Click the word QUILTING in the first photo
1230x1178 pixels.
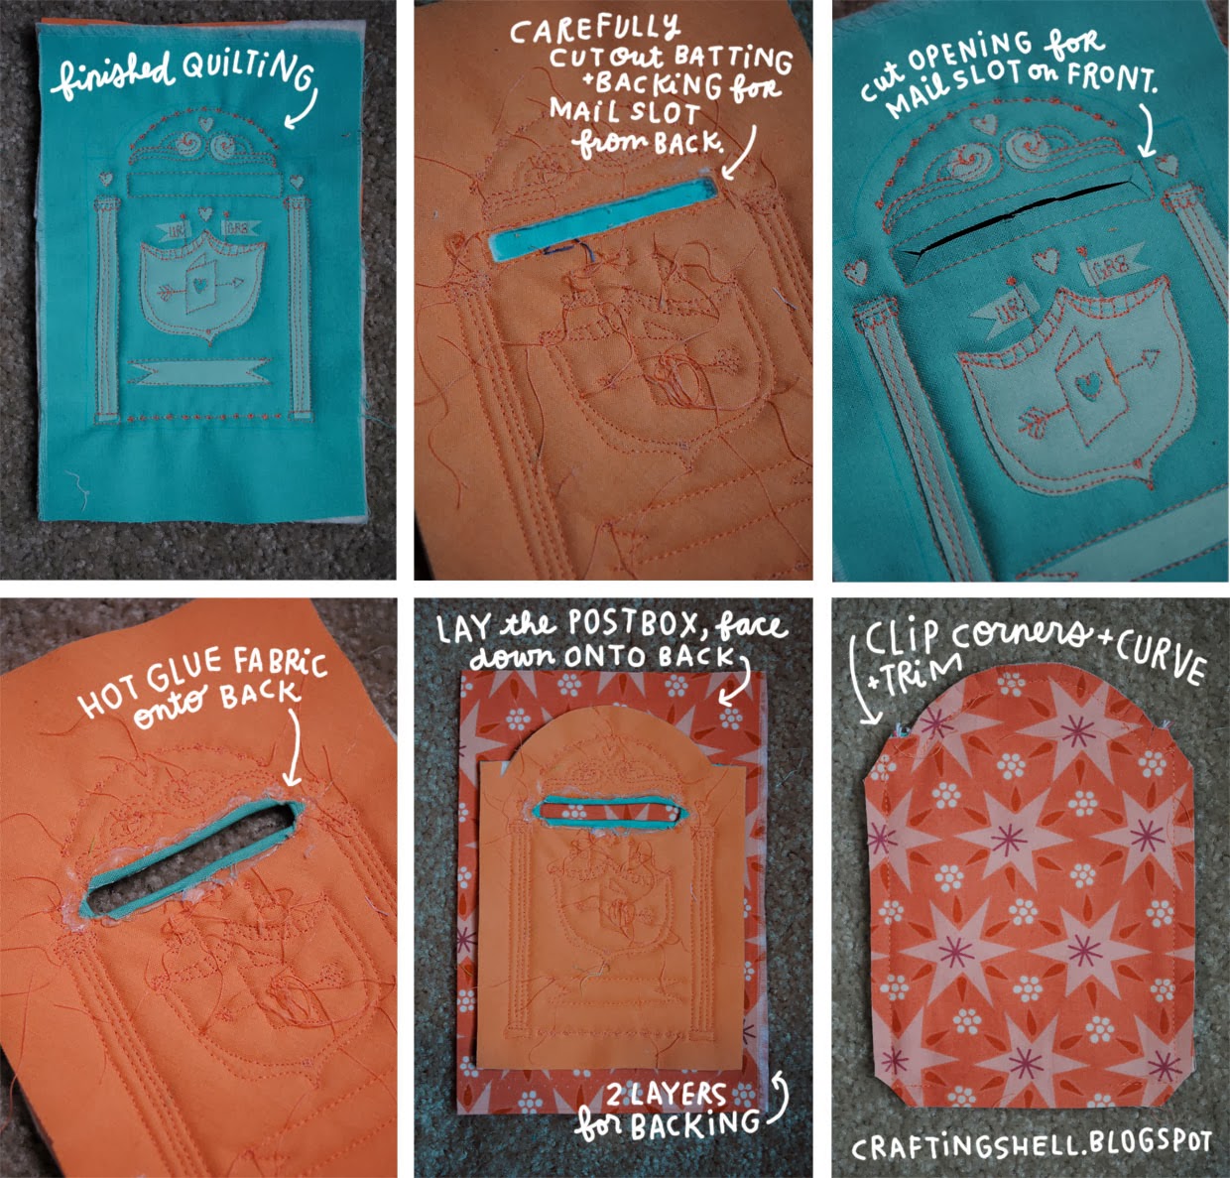[247, 74]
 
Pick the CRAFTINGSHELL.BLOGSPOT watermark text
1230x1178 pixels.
[1032, 1143]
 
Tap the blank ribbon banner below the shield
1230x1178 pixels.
[199, 372]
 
